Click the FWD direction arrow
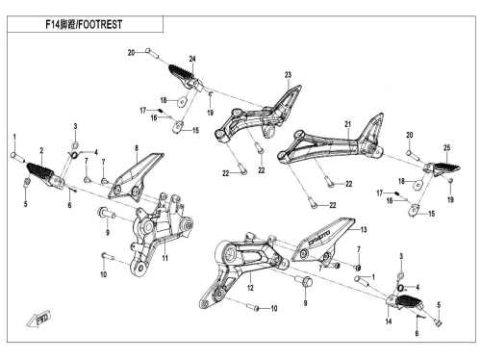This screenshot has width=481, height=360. coord(38,319)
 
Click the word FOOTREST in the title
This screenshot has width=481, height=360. coord(100,24)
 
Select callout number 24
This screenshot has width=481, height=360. coord(192,59)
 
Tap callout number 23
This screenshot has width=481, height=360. coord(288,75)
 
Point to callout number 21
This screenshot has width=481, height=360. coord(348,124)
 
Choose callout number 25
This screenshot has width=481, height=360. coord(446,147)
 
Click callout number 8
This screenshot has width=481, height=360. coord(137,148)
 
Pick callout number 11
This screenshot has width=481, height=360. coord(165,258)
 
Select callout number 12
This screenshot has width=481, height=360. coord(250,288)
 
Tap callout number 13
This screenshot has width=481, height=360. coord(364,229)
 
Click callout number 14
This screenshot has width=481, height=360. coord(389,321)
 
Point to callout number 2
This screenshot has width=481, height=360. coord(41,150)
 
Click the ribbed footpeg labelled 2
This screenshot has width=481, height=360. coord(45,176)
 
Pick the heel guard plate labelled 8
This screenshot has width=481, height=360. coord(136,177)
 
